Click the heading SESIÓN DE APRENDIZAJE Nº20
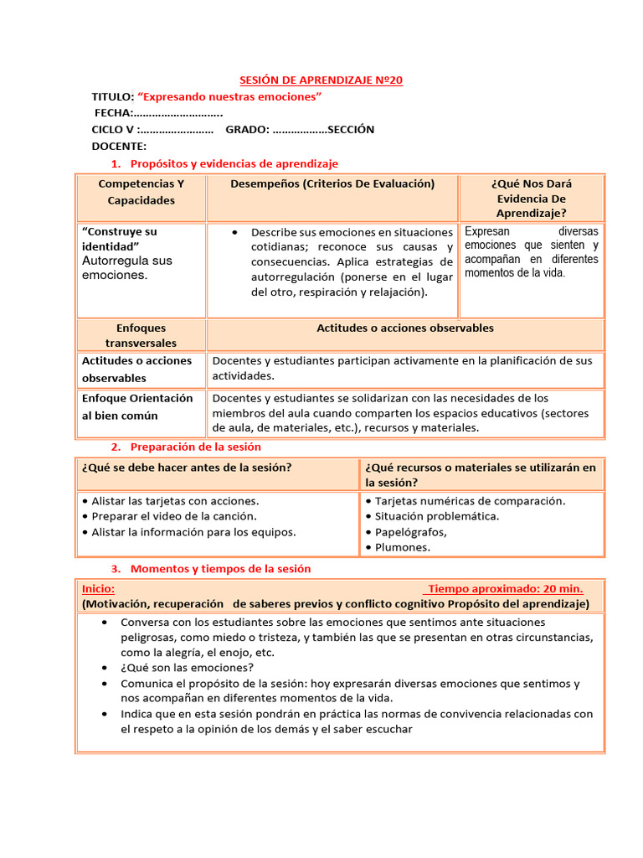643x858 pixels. click(x=321, y=80)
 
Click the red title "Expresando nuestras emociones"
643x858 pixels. click(x=229, y=97)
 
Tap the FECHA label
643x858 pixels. click(x=113, y=113)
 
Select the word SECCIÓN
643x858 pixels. click(x=351, y=129)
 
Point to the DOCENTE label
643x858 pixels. click(x=119, y=146)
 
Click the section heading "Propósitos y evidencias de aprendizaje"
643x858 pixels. click(x=234, y=163)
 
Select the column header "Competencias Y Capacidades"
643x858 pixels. click(x=141, y=192)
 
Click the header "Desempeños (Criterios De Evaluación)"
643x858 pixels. click(x=332, y=183)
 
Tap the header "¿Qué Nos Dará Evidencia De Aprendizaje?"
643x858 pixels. click(x=532, y=199)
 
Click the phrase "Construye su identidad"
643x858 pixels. click(x=119, y=238)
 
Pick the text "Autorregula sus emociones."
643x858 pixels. click(x=126, y=267)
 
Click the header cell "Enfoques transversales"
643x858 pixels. click(x=141, y=335)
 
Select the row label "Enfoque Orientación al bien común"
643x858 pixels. click(x=137, y=406)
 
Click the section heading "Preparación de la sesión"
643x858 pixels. click(x=196, y=447)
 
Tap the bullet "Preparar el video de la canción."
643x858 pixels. click(x=174, y=516)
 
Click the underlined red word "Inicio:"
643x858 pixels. click(x=99, y=588)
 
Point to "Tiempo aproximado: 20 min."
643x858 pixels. click(x=505, y=588)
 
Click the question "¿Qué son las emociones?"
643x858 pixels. click(x=188, y=668)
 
